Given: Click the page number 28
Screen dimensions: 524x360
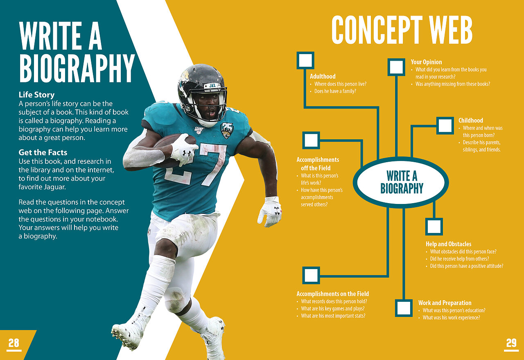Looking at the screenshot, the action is click(x=14, y=343).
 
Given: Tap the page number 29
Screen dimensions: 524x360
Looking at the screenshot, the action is click(x=511, y=343).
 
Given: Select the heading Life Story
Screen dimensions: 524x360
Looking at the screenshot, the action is click(x=36, y=95).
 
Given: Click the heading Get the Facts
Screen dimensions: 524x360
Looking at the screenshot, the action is click(x=43, y=152).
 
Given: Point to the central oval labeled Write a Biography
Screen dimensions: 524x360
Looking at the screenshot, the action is click(x=401, y=182).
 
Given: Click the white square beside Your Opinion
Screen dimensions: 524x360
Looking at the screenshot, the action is click(x=396, y=67).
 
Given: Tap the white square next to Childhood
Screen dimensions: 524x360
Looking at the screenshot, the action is click(x=445, y=126).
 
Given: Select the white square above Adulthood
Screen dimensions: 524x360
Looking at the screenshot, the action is click(x=305, y=60).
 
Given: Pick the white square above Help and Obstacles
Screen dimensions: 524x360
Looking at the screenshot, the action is click(x=434, y=226).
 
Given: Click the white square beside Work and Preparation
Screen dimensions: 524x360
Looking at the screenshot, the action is click(x=404, y=308).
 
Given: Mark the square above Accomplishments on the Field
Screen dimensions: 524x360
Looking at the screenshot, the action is click(x=311, y=275).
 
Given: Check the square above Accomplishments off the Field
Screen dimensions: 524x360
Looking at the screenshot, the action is click(x=311, y=140).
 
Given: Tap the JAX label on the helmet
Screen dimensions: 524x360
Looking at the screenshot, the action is click(x=212, y=86).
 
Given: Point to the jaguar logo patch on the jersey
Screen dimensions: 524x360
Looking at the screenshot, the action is click(x=227, y=130).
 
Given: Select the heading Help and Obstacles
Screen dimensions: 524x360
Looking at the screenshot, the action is click(x=448, y=244).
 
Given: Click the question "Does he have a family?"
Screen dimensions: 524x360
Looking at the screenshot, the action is click(x=335, y=91).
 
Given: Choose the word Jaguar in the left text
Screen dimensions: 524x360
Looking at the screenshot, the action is click(x=54, y=187).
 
